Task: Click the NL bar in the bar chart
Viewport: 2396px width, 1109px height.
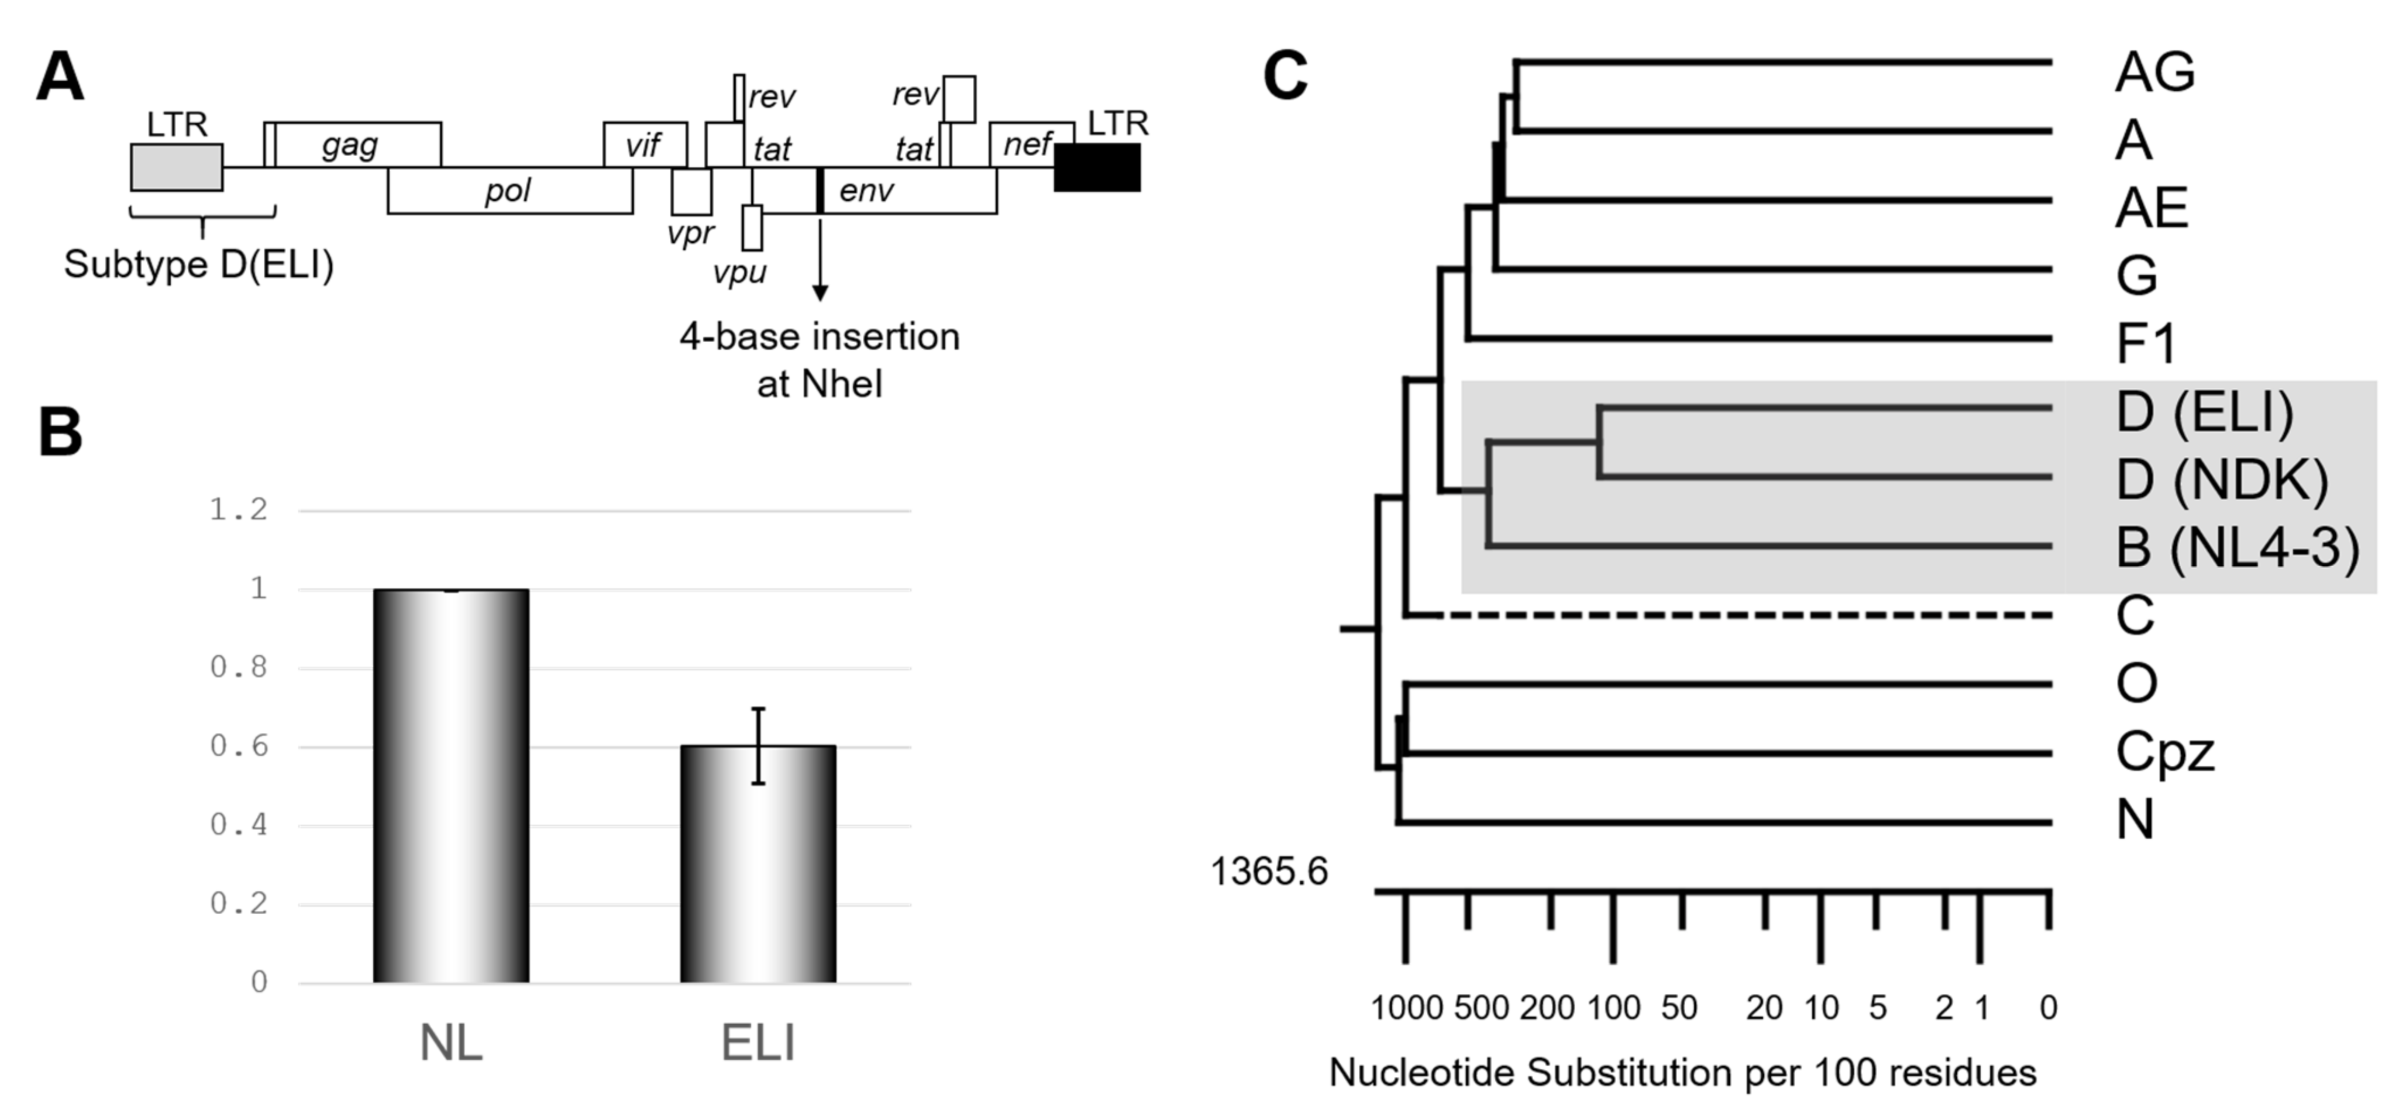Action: click(x=451, y=786)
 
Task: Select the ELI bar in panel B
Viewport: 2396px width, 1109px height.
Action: click(x=758, y=865)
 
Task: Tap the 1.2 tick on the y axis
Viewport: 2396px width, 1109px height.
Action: click(x=238, y=510)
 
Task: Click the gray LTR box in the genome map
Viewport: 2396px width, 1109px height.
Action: click(x=177, y=167)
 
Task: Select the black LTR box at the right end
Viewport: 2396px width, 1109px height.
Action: click(x=1097, y=167)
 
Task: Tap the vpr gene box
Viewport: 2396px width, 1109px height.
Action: click(x=691, y=192)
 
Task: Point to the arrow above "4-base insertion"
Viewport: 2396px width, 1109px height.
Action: click(x=820, y=260)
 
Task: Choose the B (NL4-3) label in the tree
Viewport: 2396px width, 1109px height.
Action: click(x=2237, y=548)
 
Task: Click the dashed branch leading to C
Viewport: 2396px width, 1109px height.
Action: click(x=1730, y=615)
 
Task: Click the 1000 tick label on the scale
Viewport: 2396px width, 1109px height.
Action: click(x=1406, y=1008)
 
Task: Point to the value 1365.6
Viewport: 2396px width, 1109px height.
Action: click(x=1269, y=872)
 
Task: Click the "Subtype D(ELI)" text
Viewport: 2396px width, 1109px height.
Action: click(x=199, y=265)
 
